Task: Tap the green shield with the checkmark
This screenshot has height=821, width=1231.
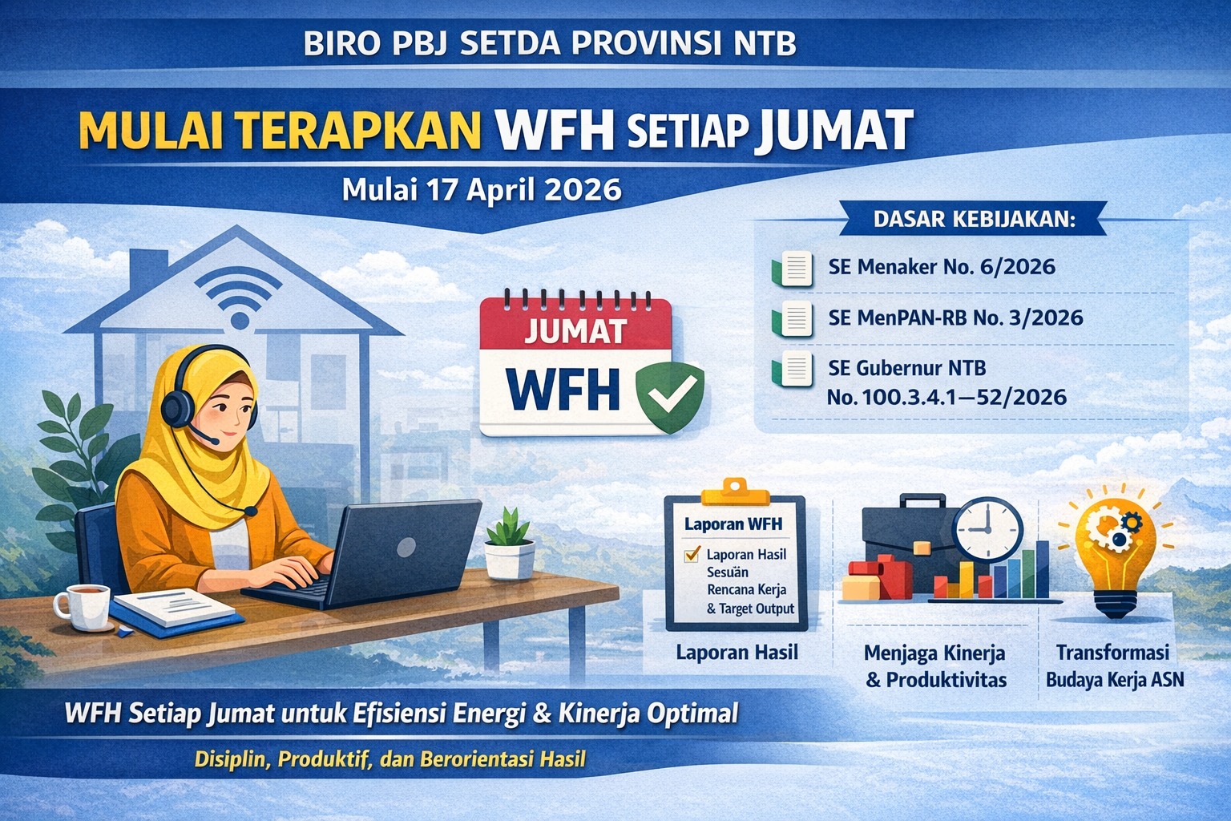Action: (669, 395)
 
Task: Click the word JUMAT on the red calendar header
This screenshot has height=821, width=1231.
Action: (575, 331)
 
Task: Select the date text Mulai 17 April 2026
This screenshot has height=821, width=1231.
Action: (481, 189)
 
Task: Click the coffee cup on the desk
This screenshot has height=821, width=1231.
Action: (83, 606)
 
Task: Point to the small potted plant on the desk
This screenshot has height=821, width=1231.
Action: (509, 544)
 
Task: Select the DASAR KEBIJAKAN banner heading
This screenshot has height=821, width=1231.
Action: (974, 219)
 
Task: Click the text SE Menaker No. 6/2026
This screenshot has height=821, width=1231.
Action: (942, 267)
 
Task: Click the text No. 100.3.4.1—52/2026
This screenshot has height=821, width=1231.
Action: (946, 397)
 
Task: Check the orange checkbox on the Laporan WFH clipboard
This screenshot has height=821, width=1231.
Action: (691, 555)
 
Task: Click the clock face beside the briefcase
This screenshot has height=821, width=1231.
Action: (988, 530)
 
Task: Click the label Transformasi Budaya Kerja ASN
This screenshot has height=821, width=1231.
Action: (1114, 665)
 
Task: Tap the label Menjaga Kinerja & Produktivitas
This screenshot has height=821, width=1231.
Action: (934, 666)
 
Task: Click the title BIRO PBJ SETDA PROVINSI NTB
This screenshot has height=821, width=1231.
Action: (551, 43)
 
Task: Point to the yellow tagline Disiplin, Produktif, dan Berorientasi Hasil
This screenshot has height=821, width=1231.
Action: (390, 758)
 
